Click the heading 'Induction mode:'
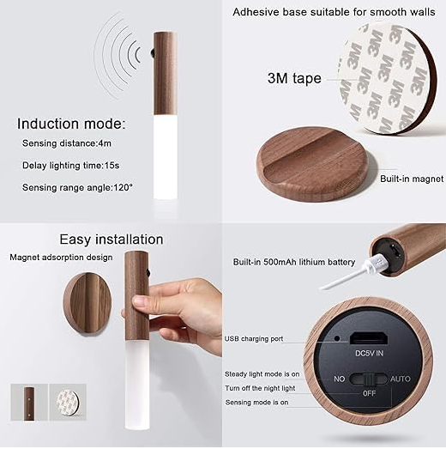pos(70,124)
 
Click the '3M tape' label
pos(293,78)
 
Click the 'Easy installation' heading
pos(111,239)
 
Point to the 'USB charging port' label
pos(254,339)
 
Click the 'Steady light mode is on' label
pos(262,374)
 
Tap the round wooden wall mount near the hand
pos(87,302)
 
